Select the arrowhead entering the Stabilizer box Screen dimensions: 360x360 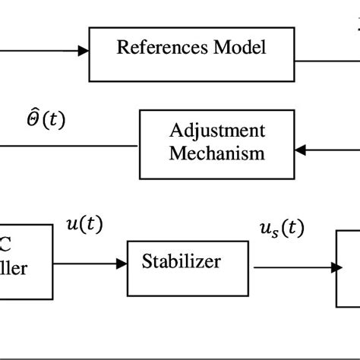(x=121, y=264)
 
